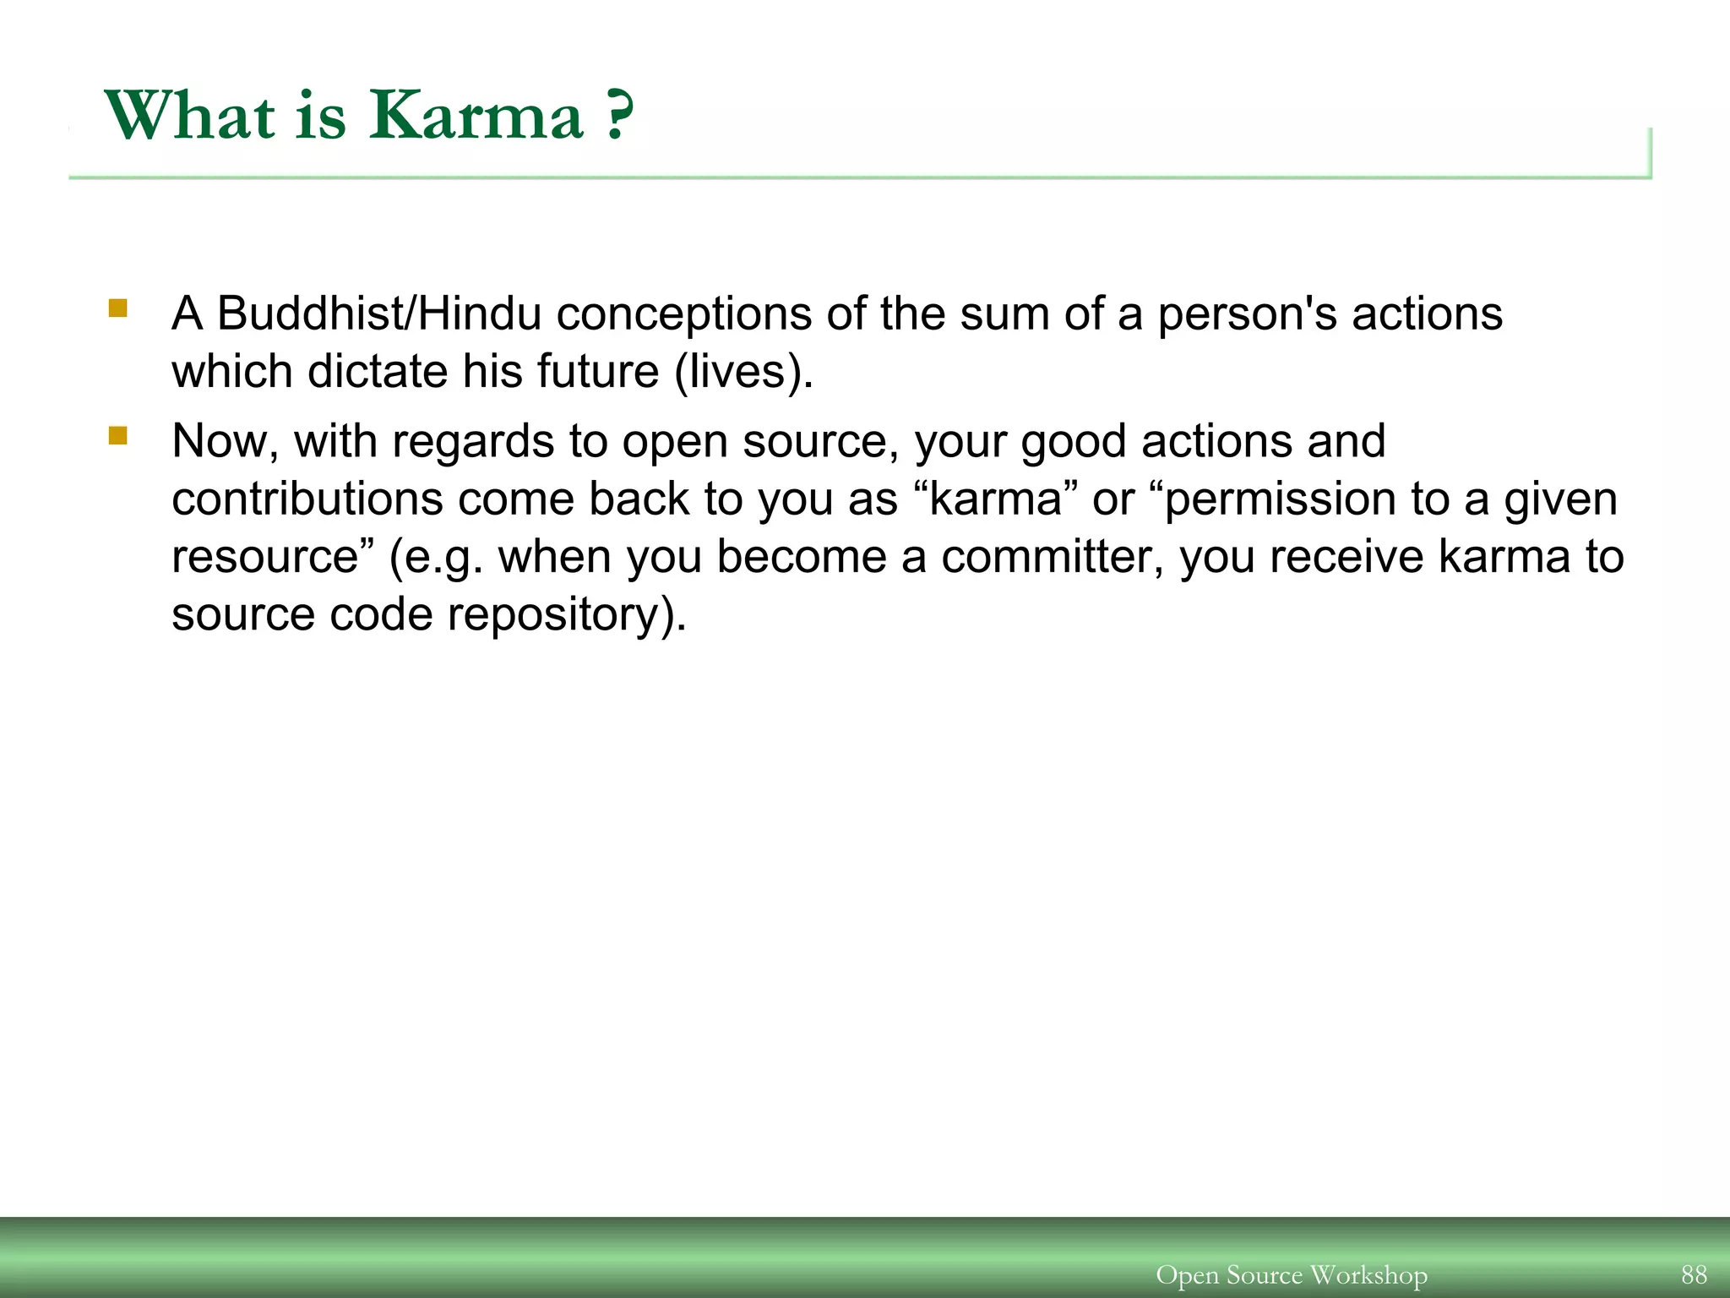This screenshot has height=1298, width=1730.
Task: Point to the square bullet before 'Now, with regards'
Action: pyautogui.click(x=117, y=436)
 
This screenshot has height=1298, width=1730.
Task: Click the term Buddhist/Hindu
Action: pyautogui.click(x=379, y=314)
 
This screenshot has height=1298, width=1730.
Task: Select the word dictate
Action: pyautogui.click(x=377, y=371)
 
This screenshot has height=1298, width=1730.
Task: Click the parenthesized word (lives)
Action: pyautogui.click(x=743, y=371)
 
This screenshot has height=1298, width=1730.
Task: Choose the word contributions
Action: pyautogui.click(x=307, y=499)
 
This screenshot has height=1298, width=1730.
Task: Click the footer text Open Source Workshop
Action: pyautogui.click(x=1291, y=1274)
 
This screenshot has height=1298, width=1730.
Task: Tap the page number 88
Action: pyautogui.click(x=1694, y=1274)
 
